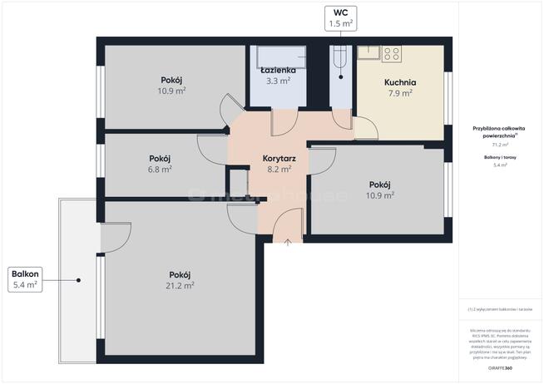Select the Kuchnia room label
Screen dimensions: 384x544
point(399,82)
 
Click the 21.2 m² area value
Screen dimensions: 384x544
point(181,285)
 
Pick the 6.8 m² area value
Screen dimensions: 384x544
point(160,169)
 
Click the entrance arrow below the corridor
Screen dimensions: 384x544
point(288,243)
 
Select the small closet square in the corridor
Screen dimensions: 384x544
point(238,181)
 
